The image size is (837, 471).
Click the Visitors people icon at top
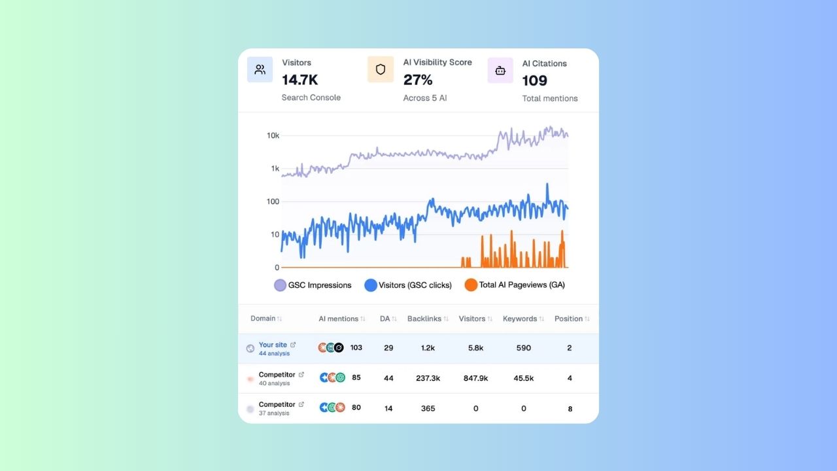pyautogui.click(x=260, y=70)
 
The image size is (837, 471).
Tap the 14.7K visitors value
pyautogui.click(x=299, y=80)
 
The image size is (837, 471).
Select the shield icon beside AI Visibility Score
pyautogui.click(x=380, y=69)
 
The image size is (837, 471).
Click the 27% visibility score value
pyautogui.click(x=418, y=80)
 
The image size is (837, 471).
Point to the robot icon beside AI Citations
pyautogui.click(x=500, y=71)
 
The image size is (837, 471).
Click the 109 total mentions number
pyautogui.click(x=534, y=81)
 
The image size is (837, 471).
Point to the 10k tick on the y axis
pyautogui.click(x=273, y=136)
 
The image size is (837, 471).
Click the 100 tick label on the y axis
pyautogui.click(x=273, y=201)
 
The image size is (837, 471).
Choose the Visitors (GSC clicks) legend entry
pyautogui.click(x=408, y=285)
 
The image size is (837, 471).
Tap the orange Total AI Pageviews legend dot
pyautogui.click(x=471, y=285)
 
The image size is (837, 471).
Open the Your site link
pyautogui.click(x=273, y=345)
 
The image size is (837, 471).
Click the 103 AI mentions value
pyautogui.click(x=356, y=348)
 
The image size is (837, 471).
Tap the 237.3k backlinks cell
pyautogui.click(x=428, y=378)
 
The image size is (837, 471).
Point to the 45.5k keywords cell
pyautogui.click(x=523, y=378)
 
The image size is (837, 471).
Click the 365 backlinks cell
pyautogui.click(x=428, y=408)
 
